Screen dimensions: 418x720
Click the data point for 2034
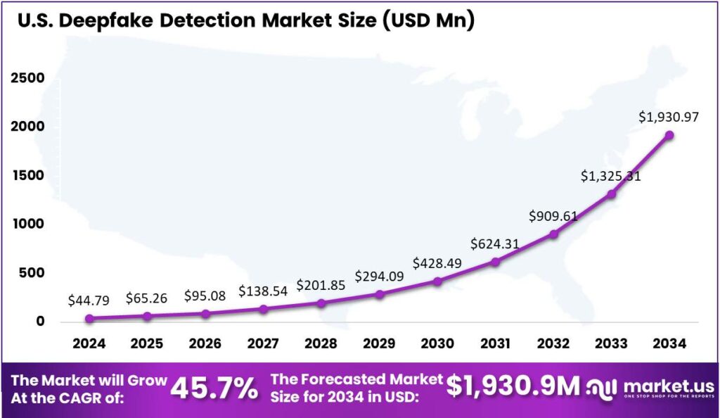pos(669,135)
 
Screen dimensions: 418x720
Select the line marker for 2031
pos(495,262)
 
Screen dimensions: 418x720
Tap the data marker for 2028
pos(321,303)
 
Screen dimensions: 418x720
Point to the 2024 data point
pos(89,318)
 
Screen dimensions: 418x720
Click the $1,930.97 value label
pos(669,118)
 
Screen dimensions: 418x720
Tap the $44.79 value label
pos(89,300)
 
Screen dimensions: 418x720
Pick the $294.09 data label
pos(380,276)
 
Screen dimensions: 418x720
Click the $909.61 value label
pos(554,216)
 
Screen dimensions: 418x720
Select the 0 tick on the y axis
pos(40,321)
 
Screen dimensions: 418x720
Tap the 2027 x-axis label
pos(263,344)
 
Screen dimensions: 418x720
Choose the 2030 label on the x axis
pos(437,344)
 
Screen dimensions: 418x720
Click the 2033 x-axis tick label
pos(611,344)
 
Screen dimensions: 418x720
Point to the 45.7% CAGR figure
pos(214,388)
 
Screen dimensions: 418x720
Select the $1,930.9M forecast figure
pos(513,386)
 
